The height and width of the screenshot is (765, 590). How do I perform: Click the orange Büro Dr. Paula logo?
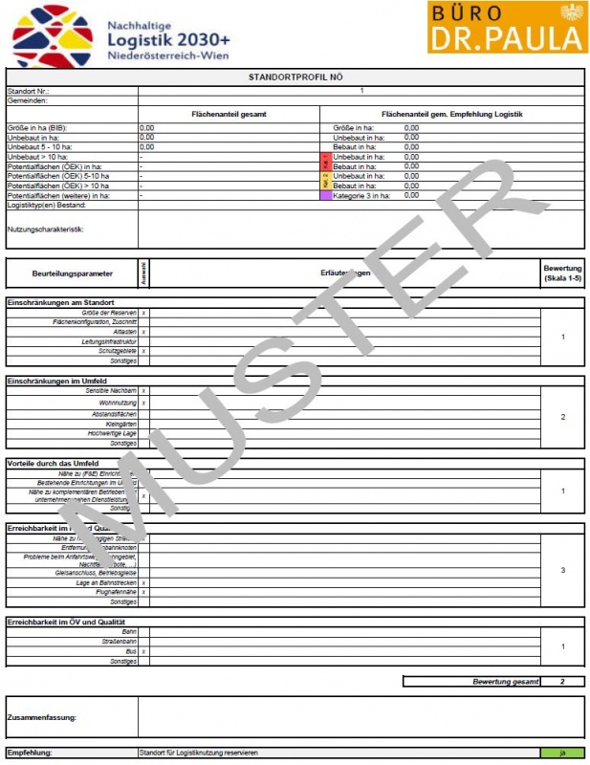pyautogui.click(x=507, y=27)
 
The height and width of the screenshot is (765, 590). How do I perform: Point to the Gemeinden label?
pyautogui.click(x=28, y=99)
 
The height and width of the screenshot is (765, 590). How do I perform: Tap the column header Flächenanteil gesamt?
pyautogui.click(x=228, y=114)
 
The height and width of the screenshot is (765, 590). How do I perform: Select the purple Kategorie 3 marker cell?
pyautogui.click(x=325, y=195)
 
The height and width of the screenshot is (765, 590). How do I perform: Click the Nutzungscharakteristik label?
pyautogui.click(x=46, y=229)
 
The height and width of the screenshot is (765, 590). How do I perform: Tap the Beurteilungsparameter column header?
pyautogui.click(x=72, y=273)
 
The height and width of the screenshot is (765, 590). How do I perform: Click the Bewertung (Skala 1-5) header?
pyautogui.click(x=562, y=273)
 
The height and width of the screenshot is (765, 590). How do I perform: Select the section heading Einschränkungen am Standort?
pyautogui.click(x=61, y=302)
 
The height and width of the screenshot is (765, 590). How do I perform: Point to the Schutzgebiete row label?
pyautogui.click(x=118, y=351)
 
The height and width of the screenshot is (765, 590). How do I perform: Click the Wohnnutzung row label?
pyautogui.click(x=118, y=403)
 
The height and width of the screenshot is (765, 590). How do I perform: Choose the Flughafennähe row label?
pyautogui.click(x=117, y=593)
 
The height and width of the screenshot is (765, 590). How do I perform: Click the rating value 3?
pyautogui.click(x=562, y=570)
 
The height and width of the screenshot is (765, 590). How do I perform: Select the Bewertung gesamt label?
pyautogui.click(x=504, y=682)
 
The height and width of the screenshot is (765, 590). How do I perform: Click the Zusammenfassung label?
pyautogui.click(x=42, y=716)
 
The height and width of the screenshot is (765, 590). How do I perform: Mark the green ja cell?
pyautogui.click(x=562, y=753)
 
